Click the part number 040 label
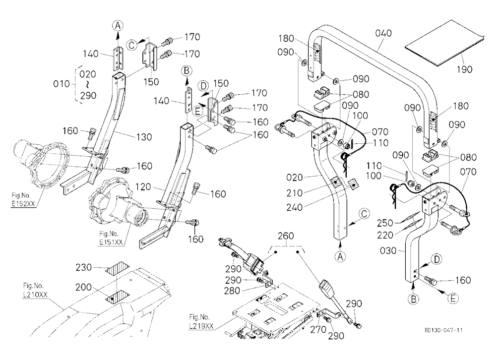click(383, 33)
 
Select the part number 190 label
click(464, 69)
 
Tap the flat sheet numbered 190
click(444, 43)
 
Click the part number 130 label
click(144, 137)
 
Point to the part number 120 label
click(143, 187)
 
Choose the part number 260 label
click(286, 236)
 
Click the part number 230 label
click(83, 268)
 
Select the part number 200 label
click(83, 287)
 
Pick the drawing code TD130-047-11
click(443, 330)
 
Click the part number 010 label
click(62, 84)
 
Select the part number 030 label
click(388, 251)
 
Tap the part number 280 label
click(232, 291)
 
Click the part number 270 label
click(318, 330)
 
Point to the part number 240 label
click(295, 208)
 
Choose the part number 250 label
click(385, 223)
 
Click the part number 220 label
click(385, 235)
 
